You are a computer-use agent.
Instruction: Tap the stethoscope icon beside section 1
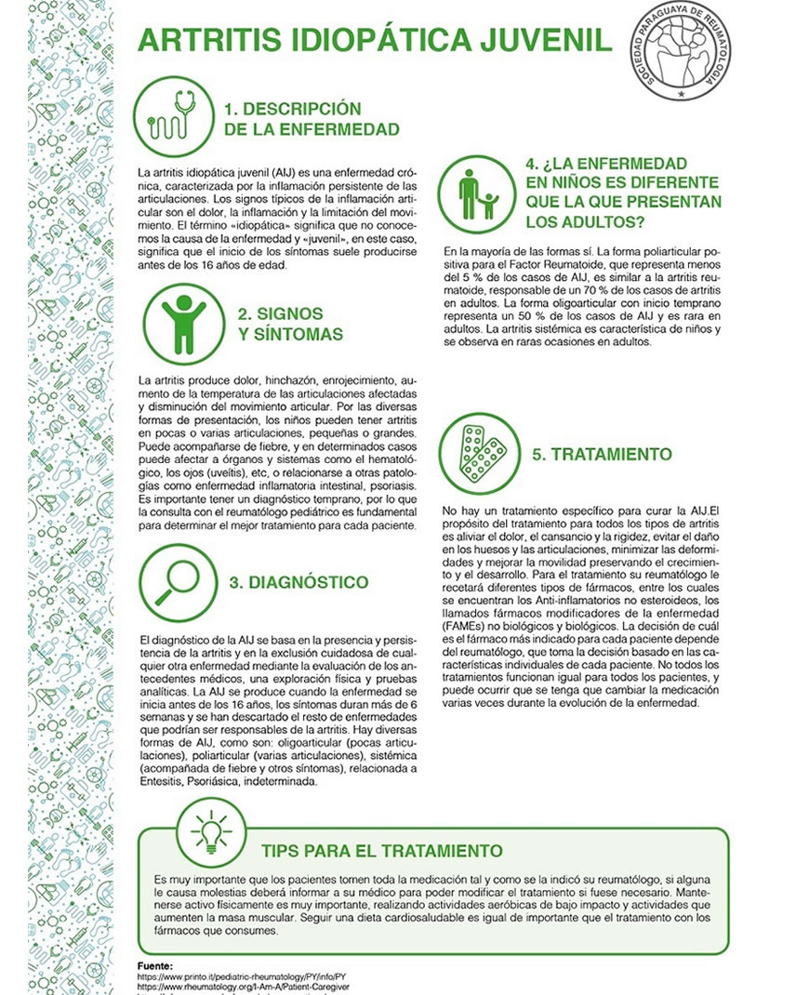pyautogui.click(x=173, y=116)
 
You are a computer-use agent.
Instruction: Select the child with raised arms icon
pyautogui.click(x=174, y=322)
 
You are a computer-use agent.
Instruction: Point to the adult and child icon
pyautogui.click(x=477, y=193)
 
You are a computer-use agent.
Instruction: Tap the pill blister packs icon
pyautogui.click(x=477, y=453)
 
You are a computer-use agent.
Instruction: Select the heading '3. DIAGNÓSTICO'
pyautogui.click(x=298, y=583)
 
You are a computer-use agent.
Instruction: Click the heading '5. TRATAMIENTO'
pyautogui.click(x=602, y=455)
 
